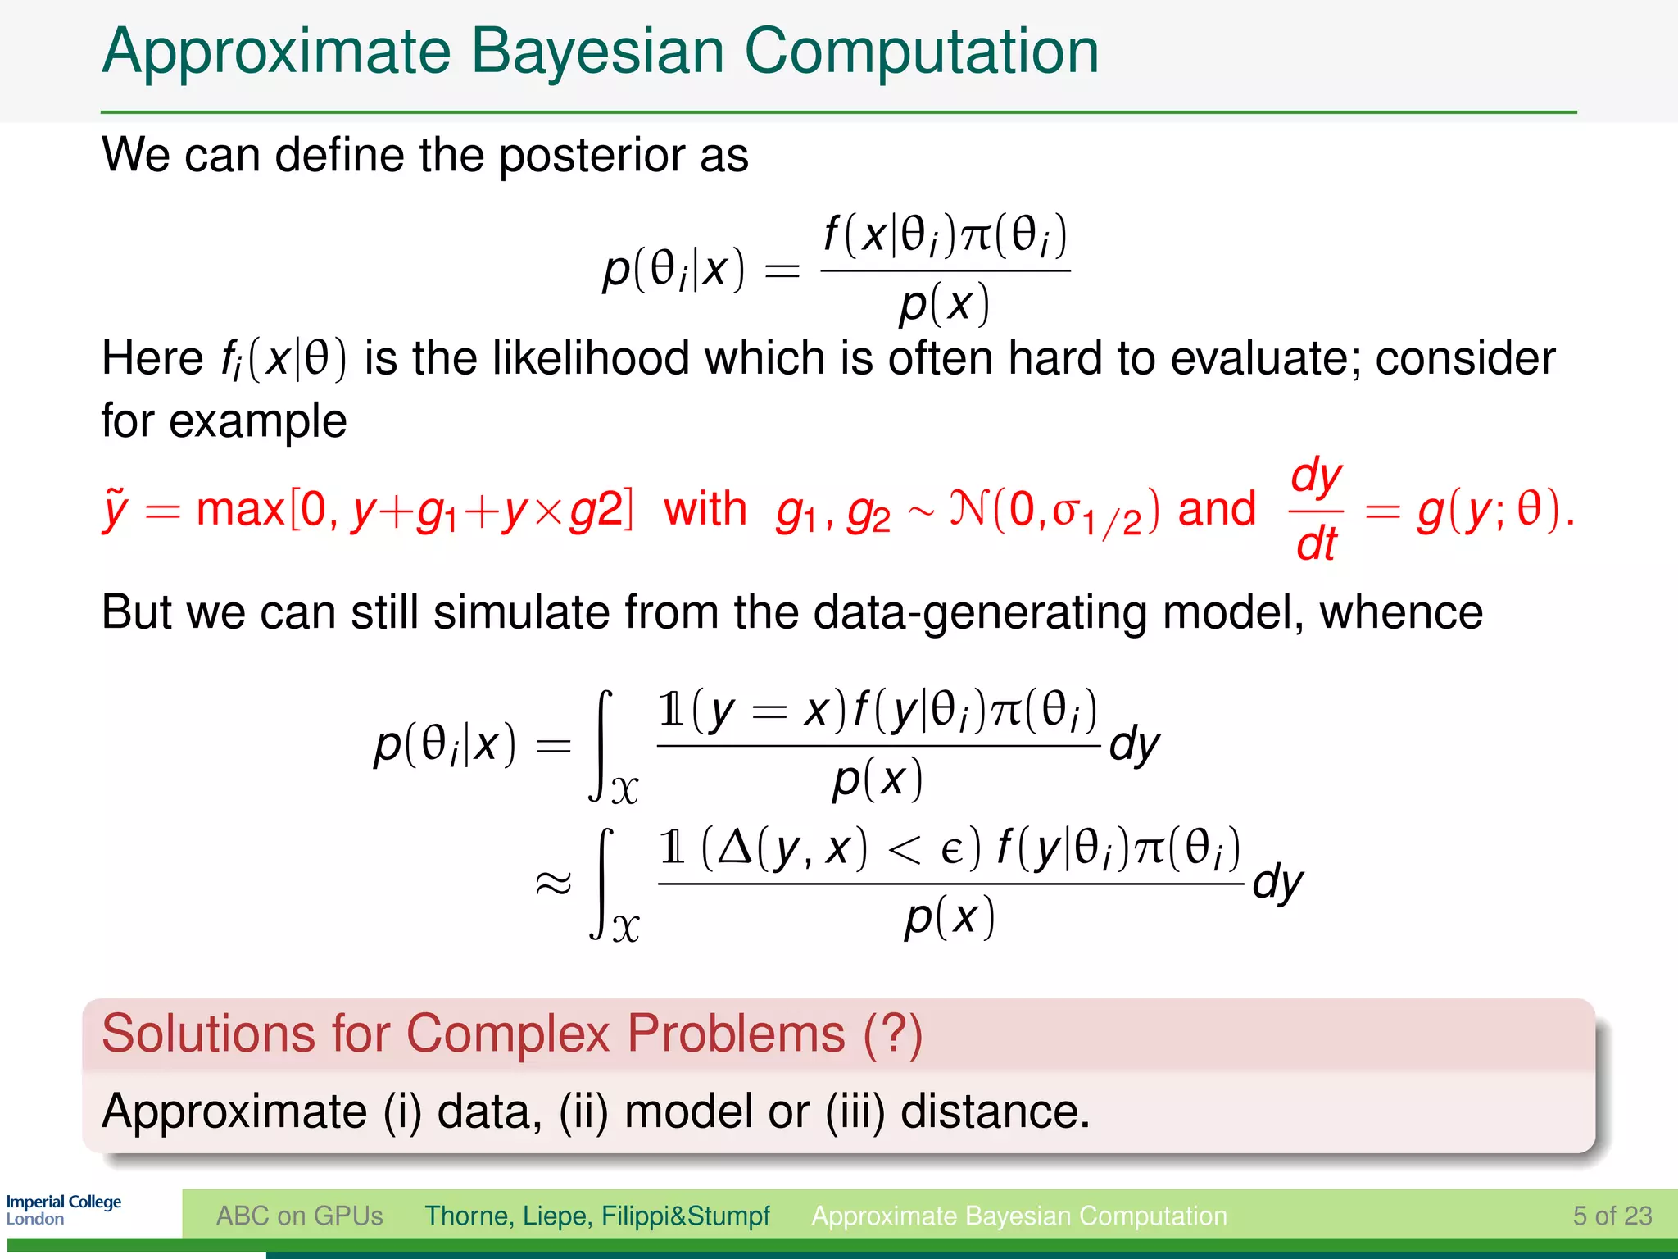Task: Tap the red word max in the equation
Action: coord(239,509)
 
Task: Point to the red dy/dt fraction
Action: coord(1316,509)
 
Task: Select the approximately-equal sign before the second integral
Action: coord(552,884)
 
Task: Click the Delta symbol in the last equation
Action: coord(734,848)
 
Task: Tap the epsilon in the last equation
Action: coord(950,850)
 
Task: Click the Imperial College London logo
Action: coord(63,1210)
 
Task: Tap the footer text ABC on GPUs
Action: coord(299,1216)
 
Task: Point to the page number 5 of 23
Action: coord(1612,1216)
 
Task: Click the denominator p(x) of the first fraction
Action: coord(944,304)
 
